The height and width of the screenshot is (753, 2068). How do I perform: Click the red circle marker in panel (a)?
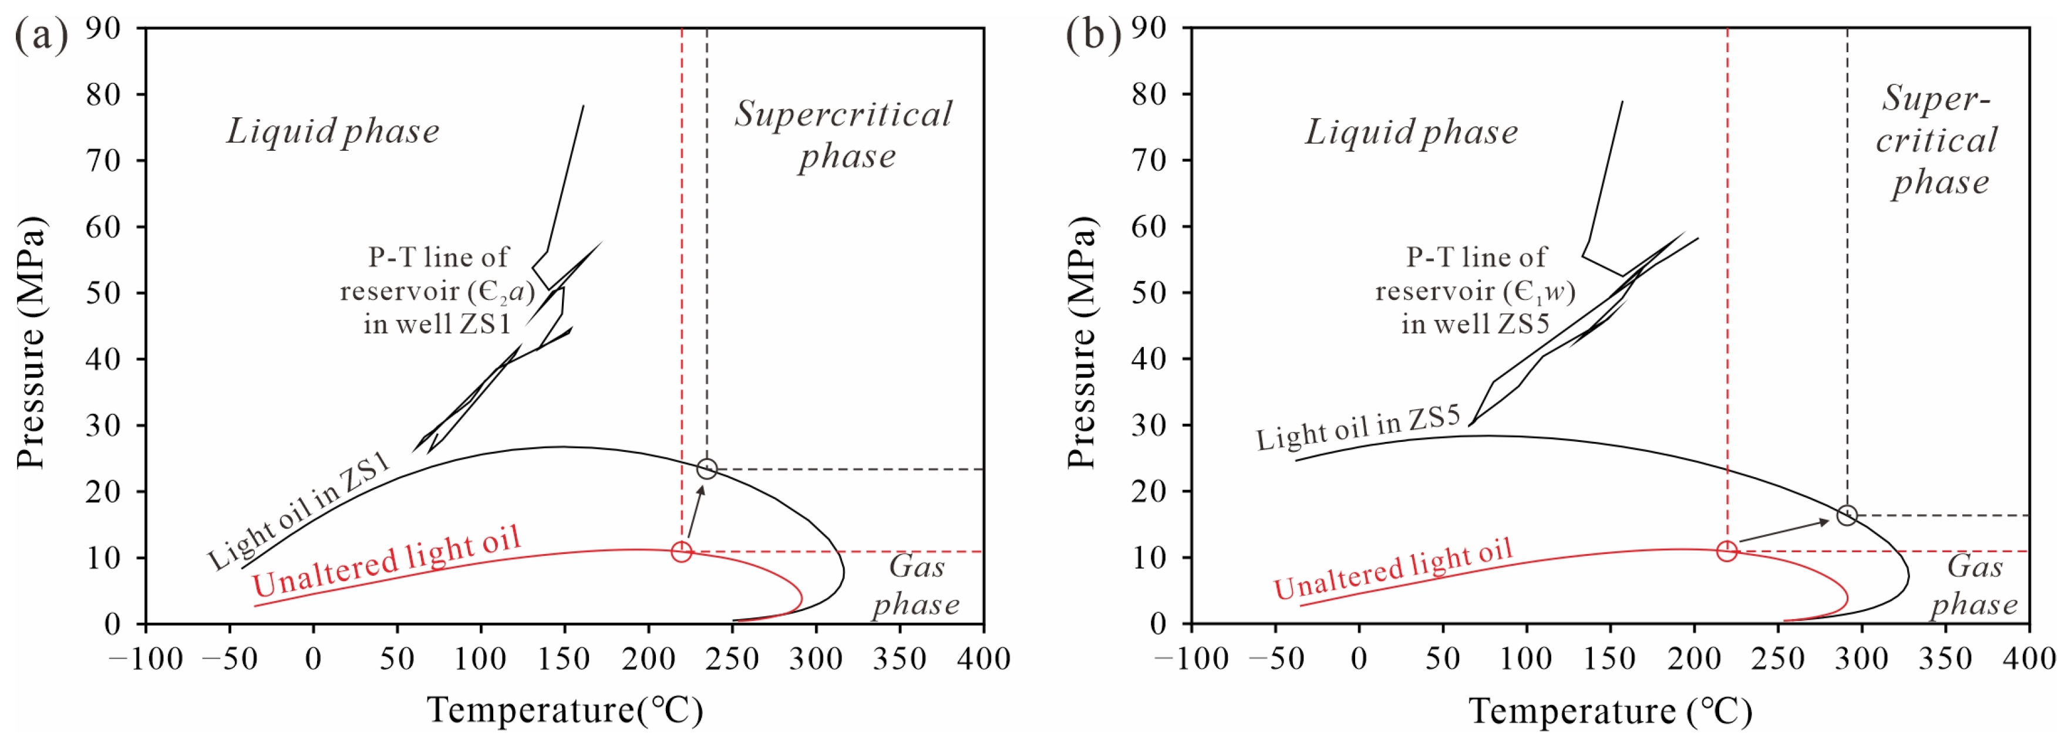click(681, 552)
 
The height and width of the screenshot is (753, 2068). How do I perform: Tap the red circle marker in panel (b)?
click(1727, 551)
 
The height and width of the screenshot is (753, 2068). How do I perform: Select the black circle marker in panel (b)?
click(1847, 515)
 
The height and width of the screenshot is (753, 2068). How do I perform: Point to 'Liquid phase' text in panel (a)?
click(332, 131)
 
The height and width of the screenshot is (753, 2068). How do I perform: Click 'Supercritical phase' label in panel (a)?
click(843, 135)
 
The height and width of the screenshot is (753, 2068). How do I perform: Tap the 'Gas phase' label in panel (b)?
click(1974, 585)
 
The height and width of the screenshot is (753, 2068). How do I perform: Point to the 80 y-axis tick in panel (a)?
click(103, 94)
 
